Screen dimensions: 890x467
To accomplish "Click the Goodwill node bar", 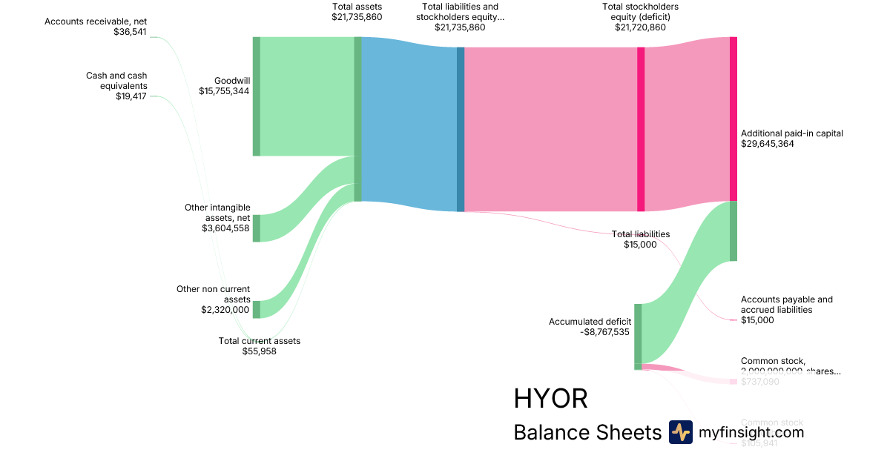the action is tap(257, 96).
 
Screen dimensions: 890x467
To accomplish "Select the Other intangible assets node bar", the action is tap(257, 228).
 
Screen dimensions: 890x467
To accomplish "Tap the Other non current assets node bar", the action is tap(257, 309).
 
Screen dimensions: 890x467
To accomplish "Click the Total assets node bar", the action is tap(357, 119).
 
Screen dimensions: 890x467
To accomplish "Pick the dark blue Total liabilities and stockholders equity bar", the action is tap(461, 129).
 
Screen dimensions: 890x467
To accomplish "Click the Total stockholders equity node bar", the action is tap(641, 129).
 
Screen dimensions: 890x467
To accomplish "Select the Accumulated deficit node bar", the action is tap(638, 336).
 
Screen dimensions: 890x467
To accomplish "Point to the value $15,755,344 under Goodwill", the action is tap(224, 90).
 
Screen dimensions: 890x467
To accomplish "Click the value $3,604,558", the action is tap(226, 228).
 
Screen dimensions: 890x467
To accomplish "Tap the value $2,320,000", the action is tap(225, 310).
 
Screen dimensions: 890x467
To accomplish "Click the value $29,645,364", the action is tap(768, 144).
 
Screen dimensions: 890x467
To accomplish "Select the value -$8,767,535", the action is tap(604, 333).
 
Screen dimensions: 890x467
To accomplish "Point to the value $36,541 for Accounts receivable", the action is tap(131, 33).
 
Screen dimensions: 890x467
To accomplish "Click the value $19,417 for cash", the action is tap(131, 96).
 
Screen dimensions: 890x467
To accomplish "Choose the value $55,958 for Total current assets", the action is tap(260, 351).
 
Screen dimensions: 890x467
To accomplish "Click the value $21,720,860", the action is tap(640, 27).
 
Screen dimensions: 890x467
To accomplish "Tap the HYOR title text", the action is tap(550, 399).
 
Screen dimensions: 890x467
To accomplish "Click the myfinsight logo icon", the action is tap(680, 432).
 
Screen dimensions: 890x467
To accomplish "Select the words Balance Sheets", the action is tap(587, 433).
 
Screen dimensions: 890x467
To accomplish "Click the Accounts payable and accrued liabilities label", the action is tap(786, 305).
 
